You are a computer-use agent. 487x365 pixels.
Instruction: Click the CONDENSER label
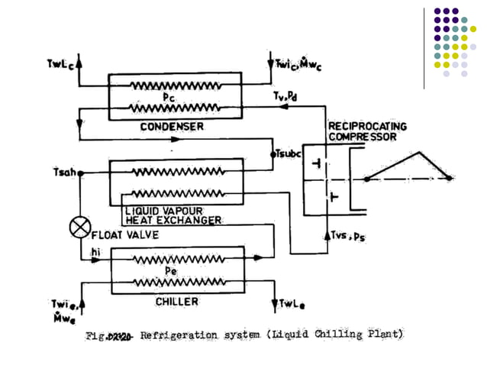click(x=173, y=127)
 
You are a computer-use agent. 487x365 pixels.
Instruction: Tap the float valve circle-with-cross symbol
click(x=79, y=228)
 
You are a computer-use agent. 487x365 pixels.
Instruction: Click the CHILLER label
click(x=176, y=302)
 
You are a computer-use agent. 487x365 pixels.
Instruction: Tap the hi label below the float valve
click(x=95, y=251)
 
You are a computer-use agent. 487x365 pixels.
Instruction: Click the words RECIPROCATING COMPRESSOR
click(x=367, y=131)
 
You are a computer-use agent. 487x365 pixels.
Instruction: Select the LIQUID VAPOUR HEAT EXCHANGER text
click(x=173, y=214)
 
